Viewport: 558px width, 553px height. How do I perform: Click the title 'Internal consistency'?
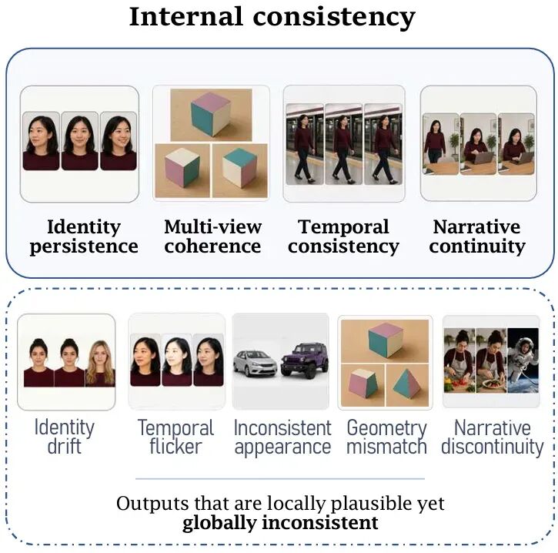(x=272, y=18)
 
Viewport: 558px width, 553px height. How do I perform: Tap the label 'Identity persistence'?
(x=84, y=236)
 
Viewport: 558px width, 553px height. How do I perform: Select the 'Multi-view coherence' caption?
(x=212, y=236)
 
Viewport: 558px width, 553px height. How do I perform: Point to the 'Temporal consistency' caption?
(x=344, y=236)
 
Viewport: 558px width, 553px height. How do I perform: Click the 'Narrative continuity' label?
(x=477, y=236)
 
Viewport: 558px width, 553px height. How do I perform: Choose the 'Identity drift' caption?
(x=65, y=437)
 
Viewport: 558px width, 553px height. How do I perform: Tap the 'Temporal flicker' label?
(x=175, y=437)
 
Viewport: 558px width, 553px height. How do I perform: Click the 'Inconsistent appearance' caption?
(x=282, y=437)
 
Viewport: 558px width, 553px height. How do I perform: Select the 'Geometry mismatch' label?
(x=387, y=437)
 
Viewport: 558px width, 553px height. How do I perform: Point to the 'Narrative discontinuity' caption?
(x=493, y=437)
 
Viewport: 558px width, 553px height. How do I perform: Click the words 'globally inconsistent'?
(x=280, y=523)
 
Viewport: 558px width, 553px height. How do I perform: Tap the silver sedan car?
(x=256, y=364)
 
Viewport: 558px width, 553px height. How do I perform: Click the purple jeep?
(x=304, y=360)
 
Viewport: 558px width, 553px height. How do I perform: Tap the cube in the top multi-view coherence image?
(x=211, y=114)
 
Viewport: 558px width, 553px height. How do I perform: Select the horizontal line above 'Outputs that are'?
(x=280, y=479)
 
